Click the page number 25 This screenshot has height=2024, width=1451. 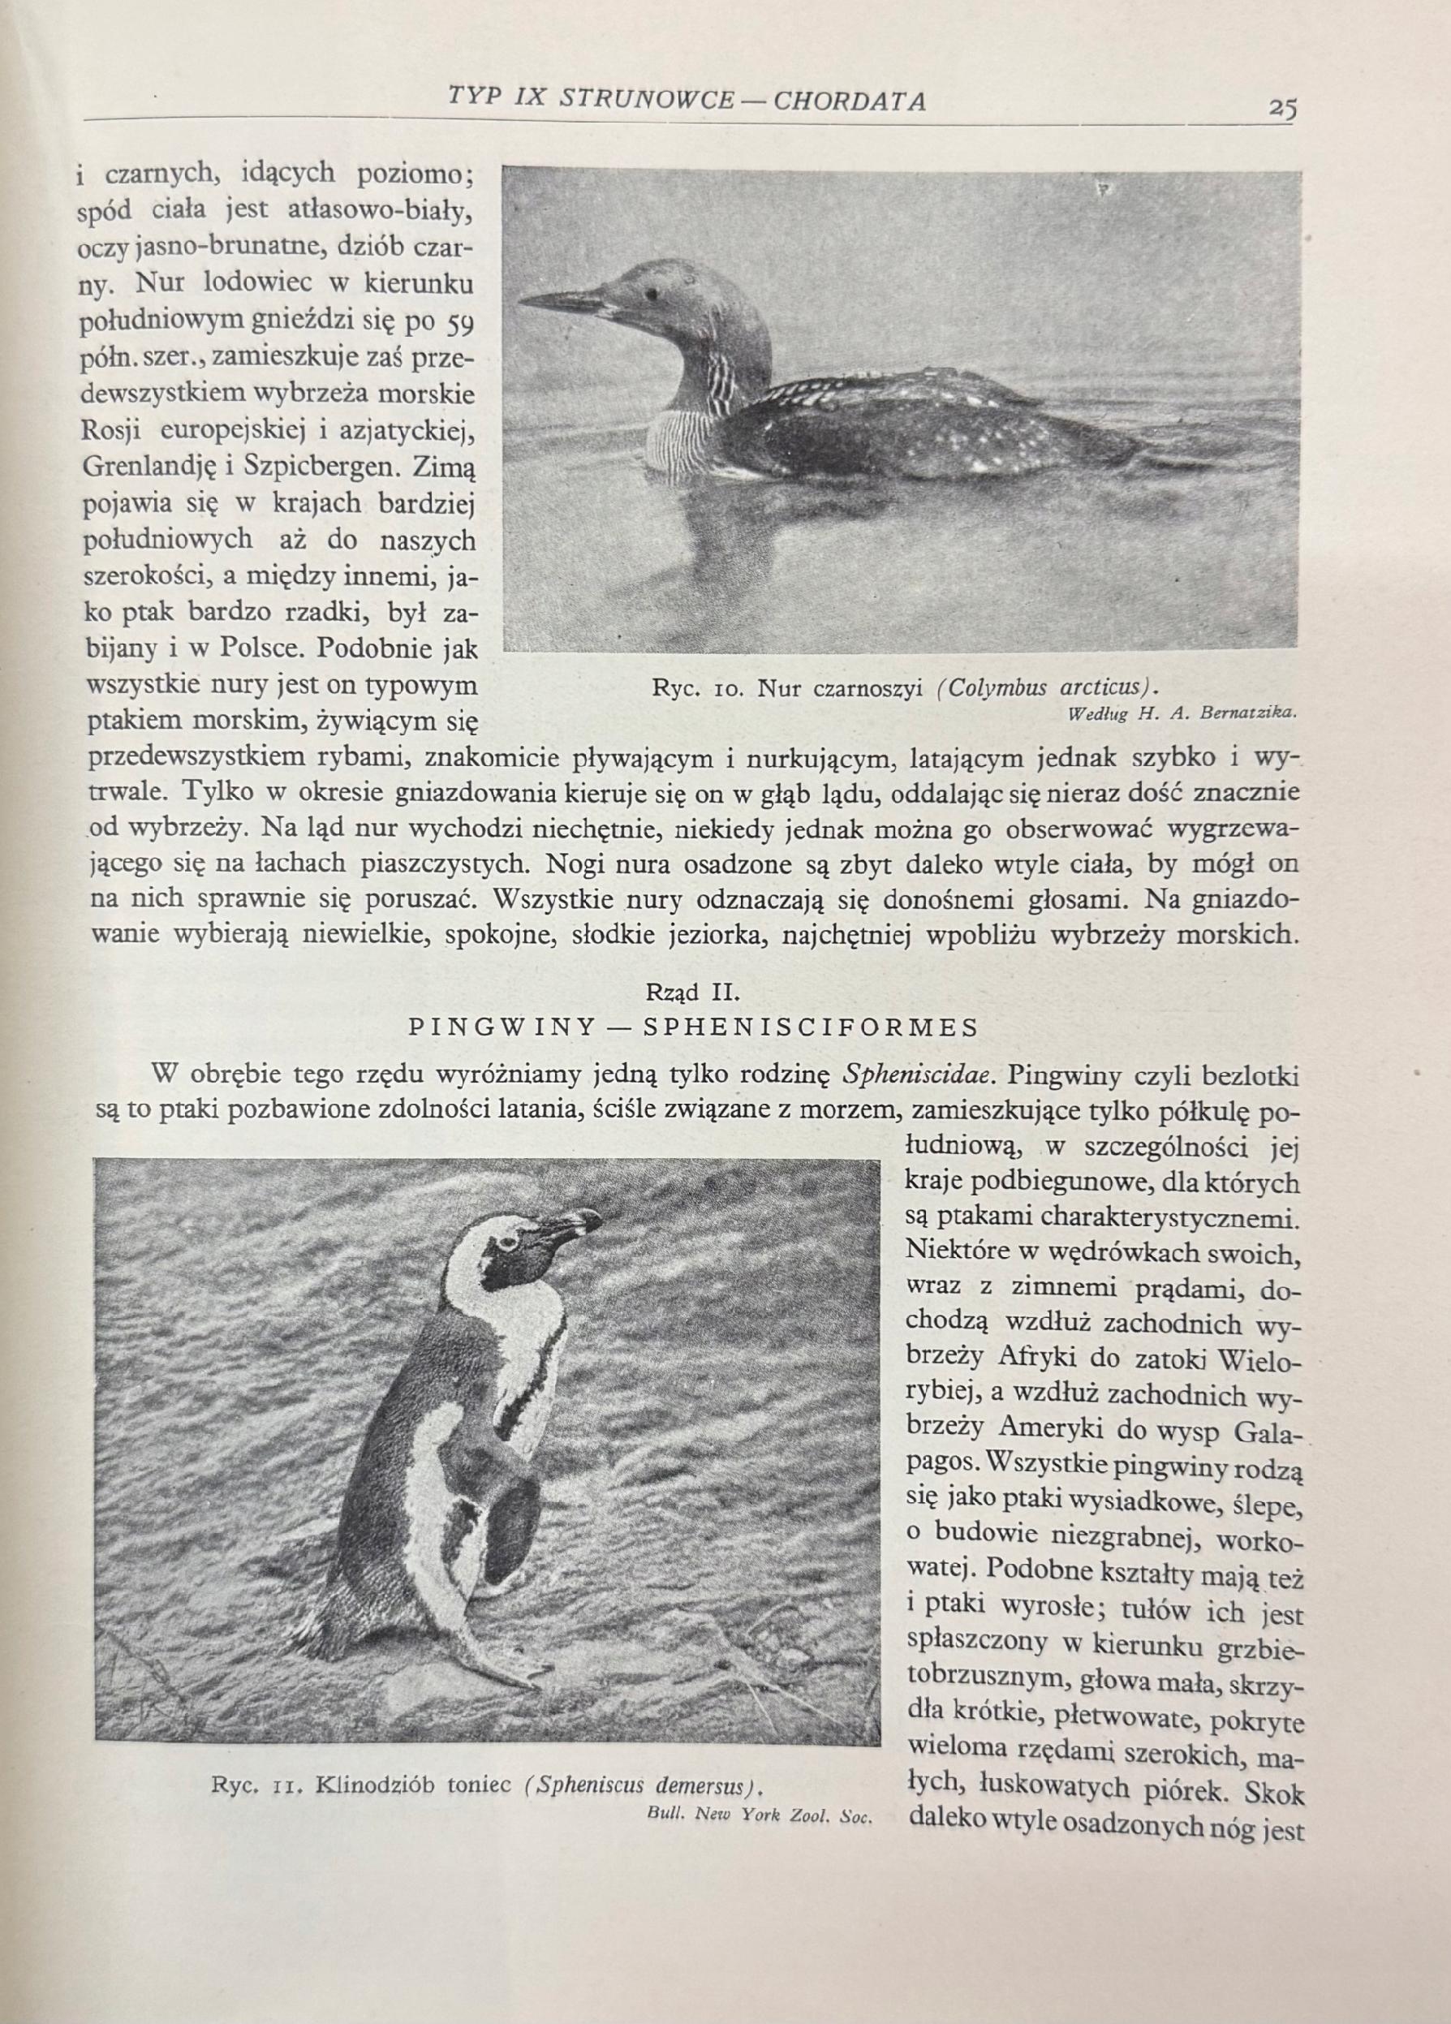1283,108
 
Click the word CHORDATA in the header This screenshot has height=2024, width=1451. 849,101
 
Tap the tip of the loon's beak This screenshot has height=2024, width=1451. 520,298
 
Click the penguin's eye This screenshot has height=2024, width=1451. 510,1242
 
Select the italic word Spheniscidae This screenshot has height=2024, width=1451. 923,1074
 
